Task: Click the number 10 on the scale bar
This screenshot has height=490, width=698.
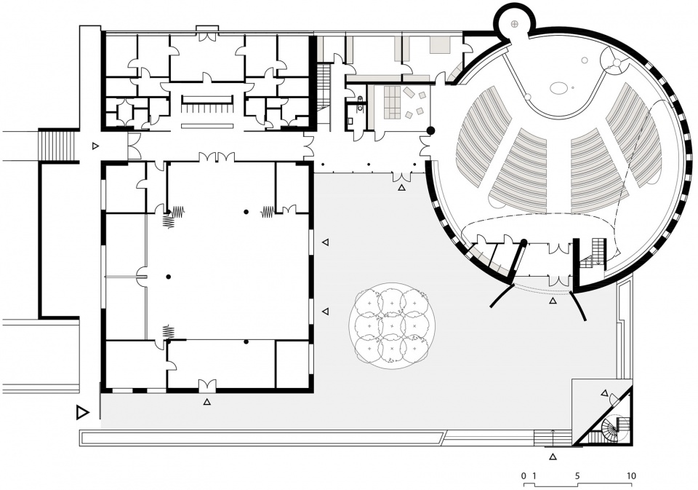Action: (x=631, y=475)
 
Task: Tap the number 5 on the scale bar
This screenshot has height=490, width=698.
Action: (x=577, y=475)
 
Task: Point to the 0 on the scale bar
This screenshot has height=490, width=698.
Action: (x=524, y=475)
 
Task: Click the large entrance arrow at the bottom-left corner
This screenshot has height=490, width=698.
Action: (x=82, y=412)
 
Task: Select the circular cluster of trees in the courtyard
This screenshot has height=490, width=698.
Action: (x=391, y=325)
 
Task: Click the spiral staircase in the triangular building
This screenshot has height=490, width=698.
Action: (x=615, y=428)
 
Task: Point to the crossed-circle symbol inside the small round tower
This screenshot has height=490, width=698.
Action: (x=514, y=23)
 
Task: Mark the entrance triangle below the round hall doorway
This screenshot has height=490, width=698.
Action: (x=553, y=301)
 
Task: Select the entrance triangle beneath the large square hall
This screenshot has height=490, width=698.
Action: (x=206, y=402)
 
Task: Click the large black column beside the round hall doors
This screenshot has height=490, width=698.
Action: (x=430, y=130)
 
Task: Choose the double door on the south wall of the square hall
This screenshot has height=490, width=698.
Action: (x=207, y=384)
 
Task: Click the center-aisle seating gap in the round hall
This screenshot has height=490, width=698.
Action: (x=558, y=174)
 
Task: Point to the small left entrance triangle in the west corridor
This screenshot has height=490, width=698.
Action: (x=95, y=146)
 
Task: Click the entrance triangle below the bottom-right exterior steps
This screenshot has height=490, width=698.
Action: (x=553, y=456)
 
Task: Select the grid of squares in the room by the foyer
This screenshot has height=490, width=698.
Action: (x=392, y=103)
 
